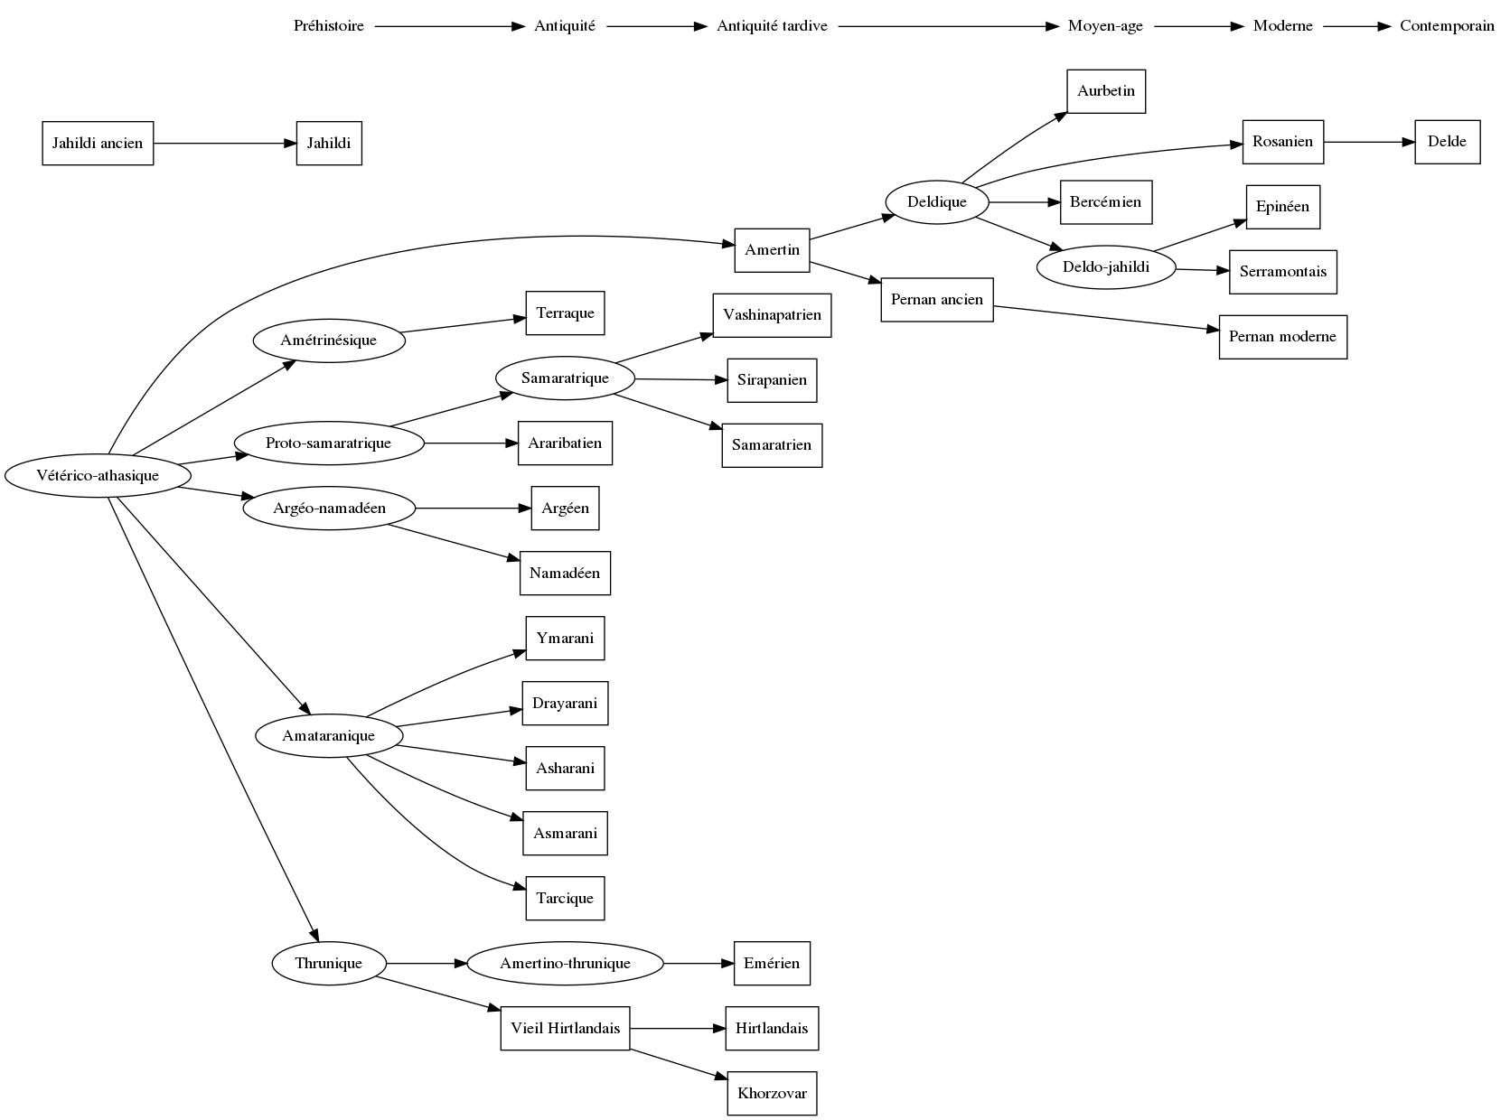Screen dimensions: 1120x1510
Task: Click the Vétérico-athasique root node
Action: tap(98, 476)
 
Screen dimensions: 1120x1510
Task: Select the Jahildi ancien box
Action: tap(98, 144)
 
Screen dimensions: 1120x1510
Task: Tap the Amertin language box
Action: tap(772, 250)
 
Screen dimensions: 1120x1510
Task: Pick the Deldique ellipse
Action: tap(937, 202)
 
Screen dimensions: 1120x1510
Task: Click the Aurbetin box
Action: tap(1105, 91)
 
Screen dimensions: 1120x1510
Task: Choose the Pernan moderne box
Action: tap(1282, 337)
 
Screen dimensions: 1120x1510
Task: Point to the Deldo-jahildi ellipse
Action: tap(1105, 267)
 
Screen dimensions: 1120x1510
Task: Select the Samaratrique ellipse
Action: tap(565, 378)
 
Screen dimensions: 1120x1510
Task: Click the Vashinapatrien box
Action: tap(772, 315)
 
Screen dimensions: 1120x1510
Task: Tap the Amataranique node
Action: tap(328, 736)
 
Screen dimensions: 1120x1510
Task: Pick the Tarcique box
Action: tap(565, 899)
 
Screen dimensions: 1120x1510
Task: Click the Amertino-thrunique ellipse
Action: tap(565, 964)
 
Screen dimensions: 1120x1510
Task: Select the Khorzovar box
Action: tap(772, 1094)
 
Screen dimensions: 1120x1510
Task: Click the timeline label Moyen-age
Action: tap(1105, 26)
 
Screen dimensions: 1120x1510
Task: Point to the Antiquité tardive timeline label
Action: tap(772, 26)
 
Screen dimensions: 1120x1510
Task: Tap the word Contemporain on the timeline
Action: tap(1447, 26)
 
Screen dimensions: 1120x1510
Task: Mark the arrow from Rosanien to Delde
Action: tap(1369, 143)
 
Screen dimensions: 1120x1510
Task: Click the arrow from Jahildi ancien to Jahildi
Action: tap(225, 144)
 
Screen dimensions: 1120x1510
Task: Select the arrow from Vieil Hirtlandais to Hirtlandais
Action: tap(678, 1029)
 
